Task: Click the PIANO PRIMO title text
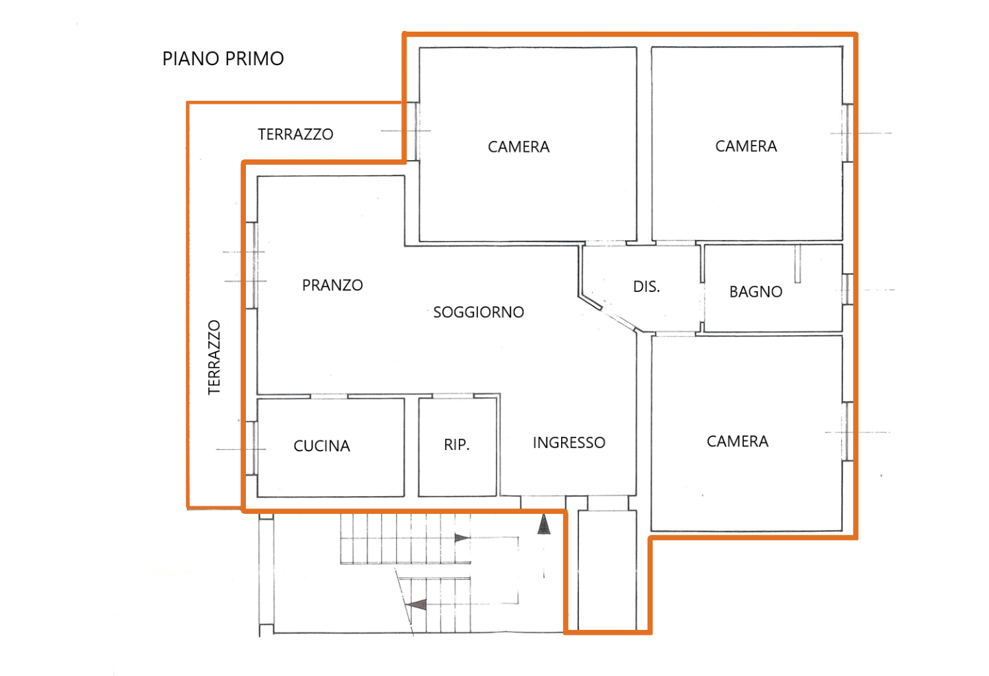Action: click(223, 58)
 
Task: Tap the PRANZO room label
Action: click(332, 285)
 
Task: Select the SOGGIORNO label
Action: click(479, 312)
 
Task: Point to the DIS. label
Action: click(646, 287)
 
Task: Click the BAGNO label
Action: click(756, 292)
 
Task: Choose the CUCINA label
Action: click(322, 446)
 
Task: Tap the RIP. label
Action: click(457, 444)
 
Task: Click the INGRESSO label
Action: click(569, 442)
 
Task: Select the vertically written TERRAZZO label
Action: click(214, 357)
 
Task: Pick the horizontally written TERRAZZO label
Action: click(295, 134)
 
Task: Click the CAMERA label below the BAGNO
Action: click(738, 441)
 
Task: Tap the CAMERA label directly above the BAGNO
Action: click(746, 146)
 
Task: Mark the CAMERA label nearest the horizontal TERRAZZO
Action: click(519, 146)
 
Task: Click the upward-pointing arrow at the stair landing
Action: click(544, 524)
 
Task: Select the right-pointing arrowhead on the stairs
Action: click(462, 538)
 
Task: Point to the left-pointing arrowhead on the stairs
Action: click(416, 605)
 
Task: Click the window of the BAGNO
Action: click(848, 289)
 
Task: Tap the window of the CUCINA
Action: click(252, 448)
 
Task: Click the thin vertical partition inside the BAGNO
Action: click(797, 264)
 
